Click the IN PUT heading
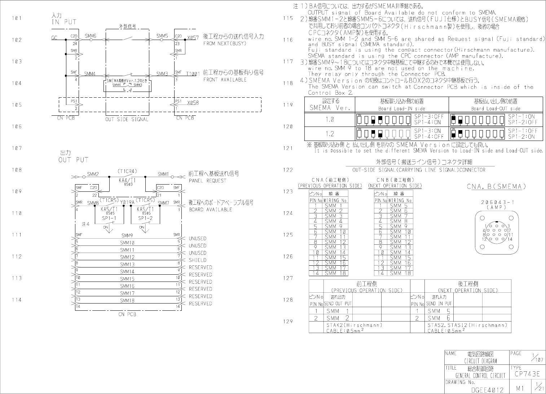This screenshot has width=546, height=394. [x=64, y=22]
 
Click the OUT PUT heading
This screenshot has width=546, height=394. [x=73, y=160]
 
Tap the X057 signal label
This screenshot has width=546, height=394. [x=193, y=37]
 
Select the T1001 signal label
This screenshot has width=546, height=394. [x=193, y=74]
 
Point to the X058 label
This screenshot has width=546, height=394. [x=193, y=103]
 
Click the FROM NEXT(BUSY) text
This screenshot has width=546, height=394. [x=225, y=44]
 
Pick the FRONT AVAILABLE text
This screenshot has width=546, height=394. [x=225, y=80]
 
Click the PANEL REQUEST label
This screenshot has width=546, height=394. [x=207, y=181]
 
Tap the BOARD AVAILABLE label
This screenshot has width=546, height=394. [x=210, y=209]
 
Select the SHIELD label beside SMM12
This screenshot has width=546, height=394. [x=198, y=260]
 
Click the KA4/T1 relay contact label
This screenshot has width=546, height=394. [x=127, y=180]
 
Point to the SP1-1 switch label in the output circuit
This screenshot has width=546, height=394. [x=109, y=218]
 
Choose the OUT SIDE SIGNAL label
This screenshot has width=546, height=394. [x=127, y=119]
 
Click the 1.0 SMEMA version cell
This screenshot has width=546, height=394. [x=330, y=119]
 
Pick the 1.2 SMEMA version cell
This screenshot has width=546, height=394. [x=330, y=134]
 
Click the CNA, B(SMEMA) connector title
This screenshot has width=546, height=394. [x=496, y=186]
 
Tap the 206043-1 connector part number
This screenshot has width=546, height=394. [x=497, y=202]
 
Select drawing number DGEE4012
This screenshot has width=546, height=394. [x=488, y=390]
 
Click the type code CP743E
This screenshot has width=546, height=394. [x=527, y=374]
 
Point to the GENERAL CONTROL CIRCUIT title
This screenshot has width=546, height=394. [x=480, y=376]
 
